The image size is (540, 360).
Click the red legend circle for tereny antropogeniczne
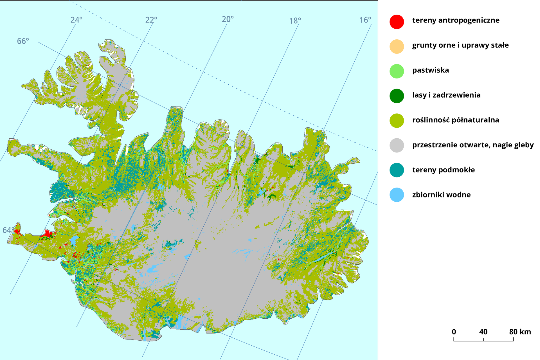(397, 22)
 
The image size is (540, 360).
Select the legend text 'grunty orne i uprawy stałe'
(460, 45)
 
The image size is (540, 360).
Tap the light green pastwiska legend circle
(397, 71)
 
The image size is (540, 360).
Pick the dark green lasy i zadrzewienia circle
(397, 96)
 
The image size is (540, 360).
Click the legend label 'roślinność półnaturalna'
(455, 120)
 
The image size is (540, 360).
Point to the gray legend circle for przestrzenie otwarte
(397, 145)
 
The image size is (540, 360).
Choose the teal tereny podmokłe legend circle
(397, 170)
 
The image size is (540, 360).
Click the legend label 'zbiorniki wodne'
(441, 195)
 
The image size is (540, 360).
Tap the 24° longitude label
(76, 20)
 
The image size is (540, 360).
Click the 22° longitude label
(151, 20)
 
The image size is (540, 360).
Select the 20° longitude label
(228, 19)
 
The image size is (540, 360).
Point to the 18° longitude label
(295, 21)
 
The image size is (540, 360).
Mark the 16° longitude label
(365, 20)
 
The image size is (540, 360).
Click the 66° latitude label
(23, 41)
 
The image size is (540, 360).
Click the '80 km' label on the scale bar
(520, 332)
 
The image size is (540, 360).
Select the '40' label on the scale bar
(483, 332)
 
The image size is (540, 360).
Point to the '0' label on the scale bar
(454, 332)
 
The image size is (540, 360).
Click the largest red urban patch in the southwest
(48, 233)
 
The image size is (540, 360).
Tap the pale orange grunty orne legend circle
(397, 46)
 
